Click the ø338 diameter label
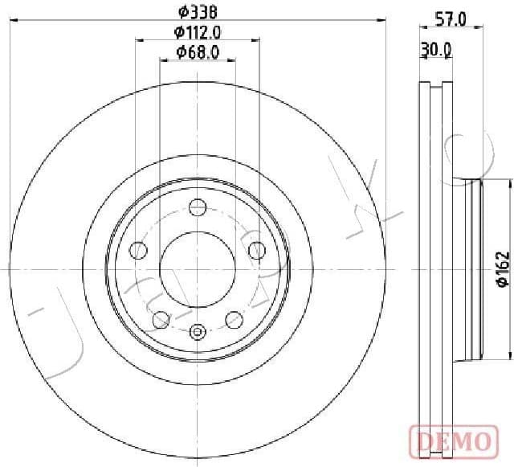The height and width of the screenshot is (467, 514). click(198, 12)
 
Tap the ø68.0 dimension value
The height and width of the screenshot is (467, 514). click(198, 54)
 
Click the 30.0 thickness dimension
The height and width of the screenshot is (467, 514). click(435, 49)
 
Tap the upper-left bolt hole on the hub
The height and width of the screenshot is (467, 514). click(139, 250)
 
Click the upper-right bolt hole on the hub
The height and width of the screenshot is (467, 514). click(256, 250)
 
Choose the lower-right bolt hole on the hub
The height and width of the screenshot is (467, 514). click(235, 319)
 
